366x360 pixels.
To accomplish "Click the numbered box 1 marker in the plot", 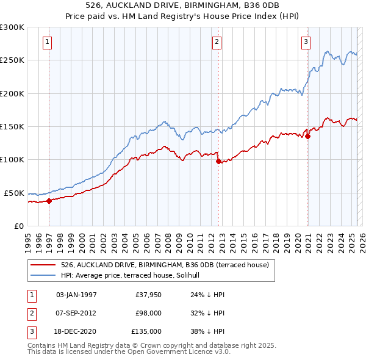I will coord(48,42).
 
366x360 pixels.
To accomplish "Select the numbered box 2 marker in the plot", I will coord(217,42).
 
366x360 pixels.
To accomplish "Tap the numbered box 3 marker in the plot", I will coord(306,42).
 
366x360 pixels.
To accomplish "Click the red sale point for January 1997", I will coord(49,201).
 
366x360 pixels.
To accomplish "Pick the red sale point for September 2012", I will coord(218,161).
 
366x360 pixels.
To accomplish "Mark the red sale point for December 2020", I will coord(307,137).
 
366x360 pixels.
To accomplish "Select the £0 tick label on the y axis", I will coord(19,226).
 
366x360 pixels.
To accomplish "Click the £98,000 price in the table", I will coord(148,313).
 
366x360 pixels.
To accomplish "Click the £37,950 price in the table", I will coord(148,295).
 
